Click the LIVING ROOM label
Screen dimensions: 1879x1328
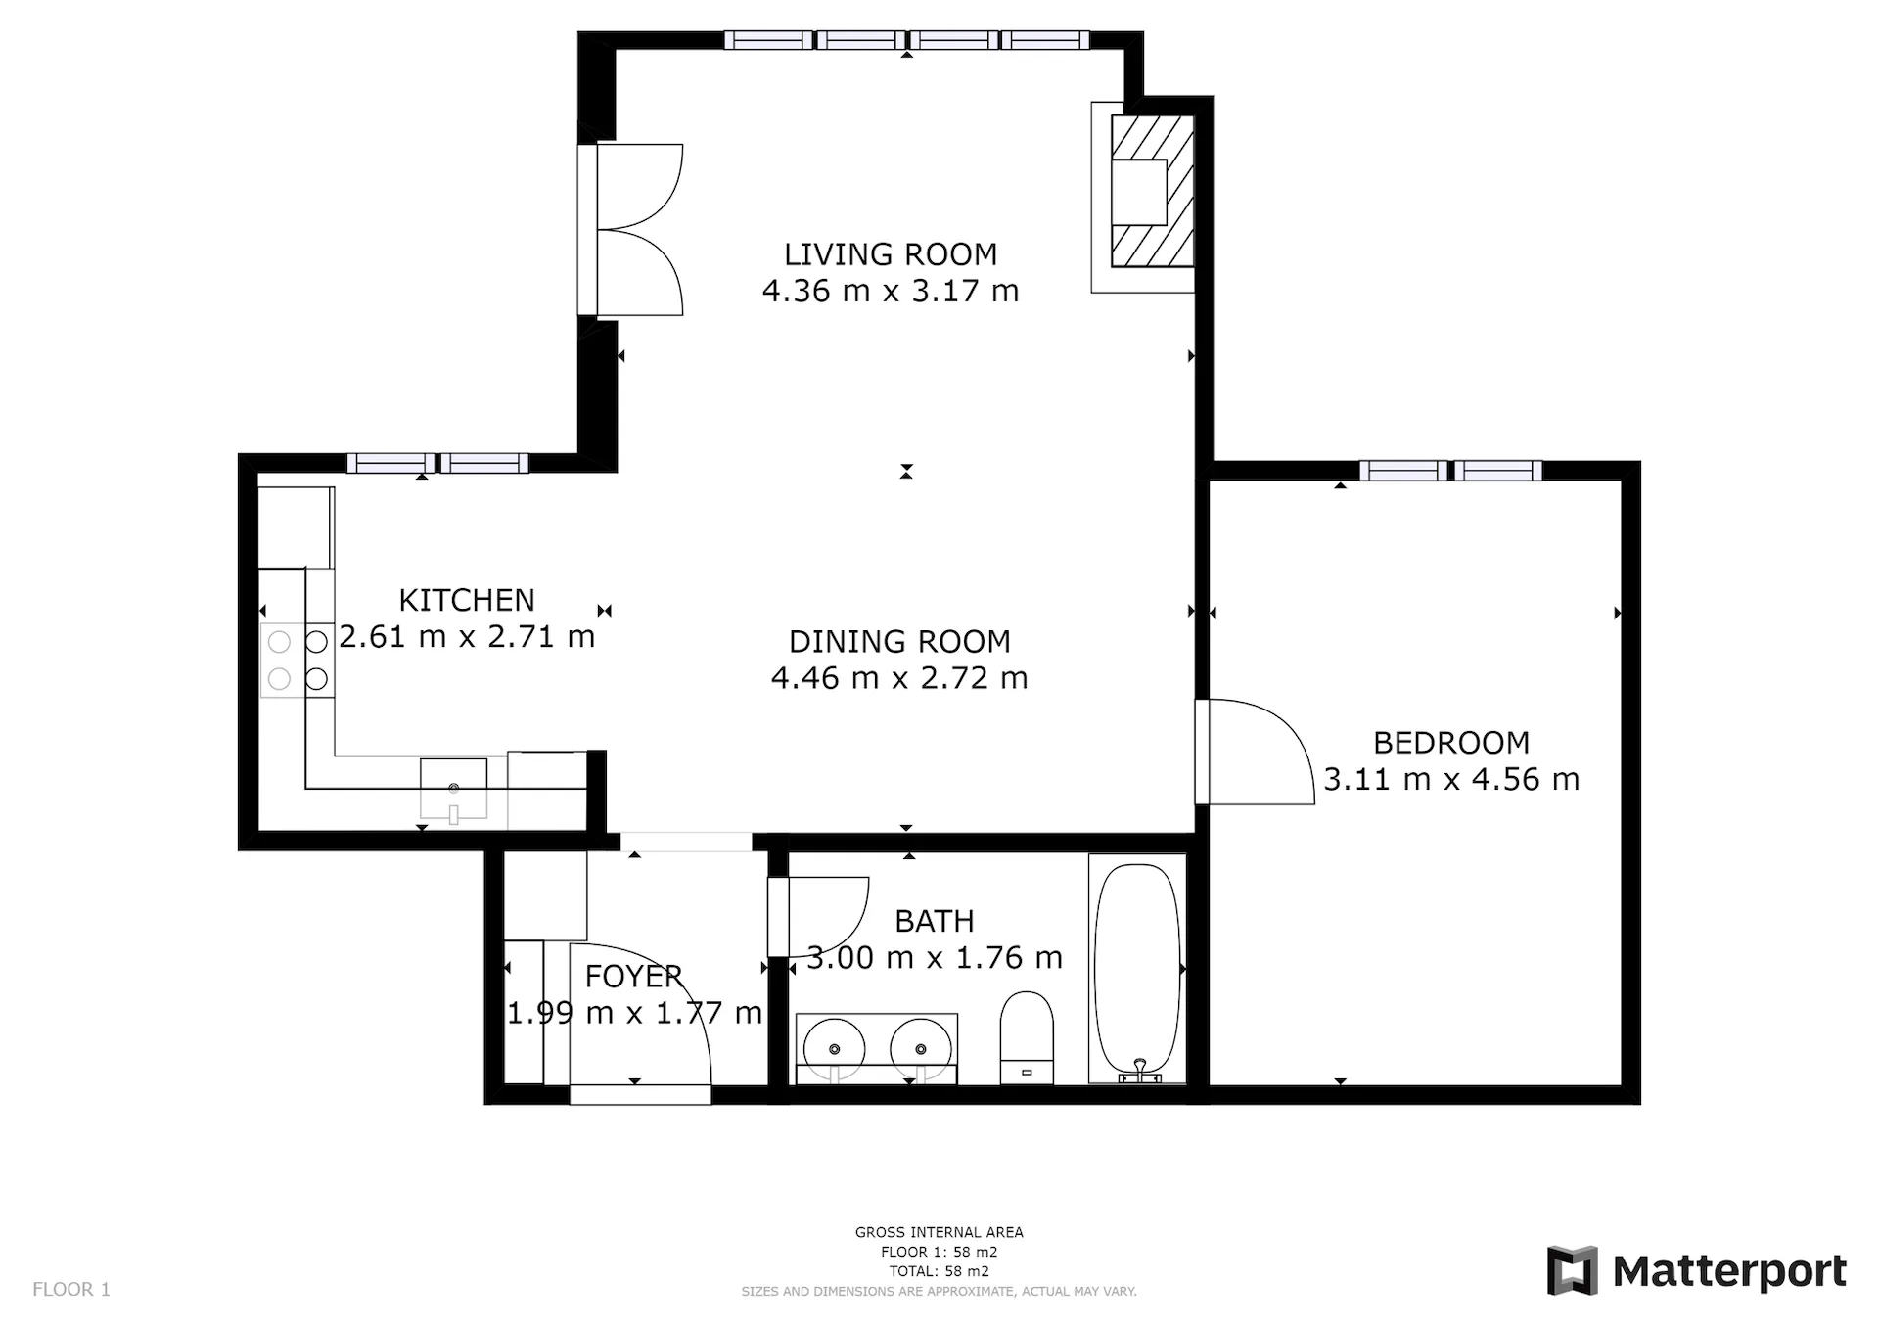point(891,254)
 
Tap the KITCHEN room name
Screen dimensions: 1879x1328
point(467,600)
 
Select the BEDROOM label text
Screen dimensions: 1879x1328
point(1451,743)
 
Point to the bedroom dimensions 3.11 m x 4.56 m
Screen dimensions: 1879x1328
point(1451,779)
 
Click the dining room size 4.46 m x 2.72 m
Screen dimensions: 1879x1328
point(899,677)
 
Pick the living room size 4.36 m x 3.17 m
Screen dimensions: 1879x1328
point(891,291)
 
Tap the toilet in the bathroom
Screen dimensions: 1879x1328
point(1027,1037)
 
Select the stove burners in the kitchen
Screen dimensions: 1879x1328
point(298,661)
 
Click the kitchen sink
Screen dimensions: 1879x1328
point(453,789)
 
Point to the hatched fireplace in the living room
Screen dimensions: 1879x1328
point(1152,192)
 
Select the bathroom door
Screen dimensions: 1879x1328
point(818,916)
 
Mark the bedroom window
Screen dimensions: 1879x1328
point(1451,471)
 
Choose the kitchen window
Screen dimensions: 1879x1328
point(437,464)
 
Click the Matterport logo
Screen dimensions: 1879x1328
point(1697,1271)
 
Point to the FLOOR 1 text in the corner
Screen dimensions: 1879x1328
point(71,1289)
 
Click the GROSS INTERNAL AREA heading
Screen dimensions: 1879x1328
point(939,1232)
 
